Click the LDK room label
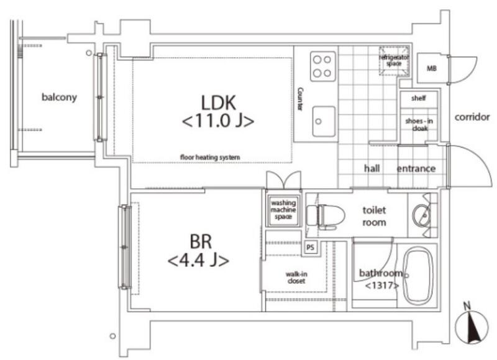[x=219, y=111]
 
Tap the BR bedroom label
[x=199, y=250]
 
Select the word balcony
[x=59, y=97]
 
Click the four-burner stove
[x=322, y=66]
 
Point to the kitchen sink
[x=324, y=122]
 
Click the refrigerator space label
[x=394, y=60]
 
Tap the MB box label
[x=431, y=68]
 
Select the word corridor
[x=472, y=117]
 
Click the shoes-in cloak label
[x=419, y=124]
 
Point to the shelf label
[x=418, y=98]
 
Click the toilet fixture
[x=326, y=217]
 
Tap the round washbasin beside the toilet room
[x=422, y=215]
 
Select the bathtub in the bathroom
[x=418, y=276]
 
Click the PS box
[x=310, y=247]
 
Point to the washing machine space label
[x=283, y=210]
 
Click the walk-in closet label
[x=296, y=277]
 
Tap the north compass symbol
[x=472, y=326]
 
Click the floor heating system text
[x=210, y=157]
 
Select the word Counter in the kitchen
[x=300, y=99]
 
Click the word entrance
[x=416, y=168]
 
